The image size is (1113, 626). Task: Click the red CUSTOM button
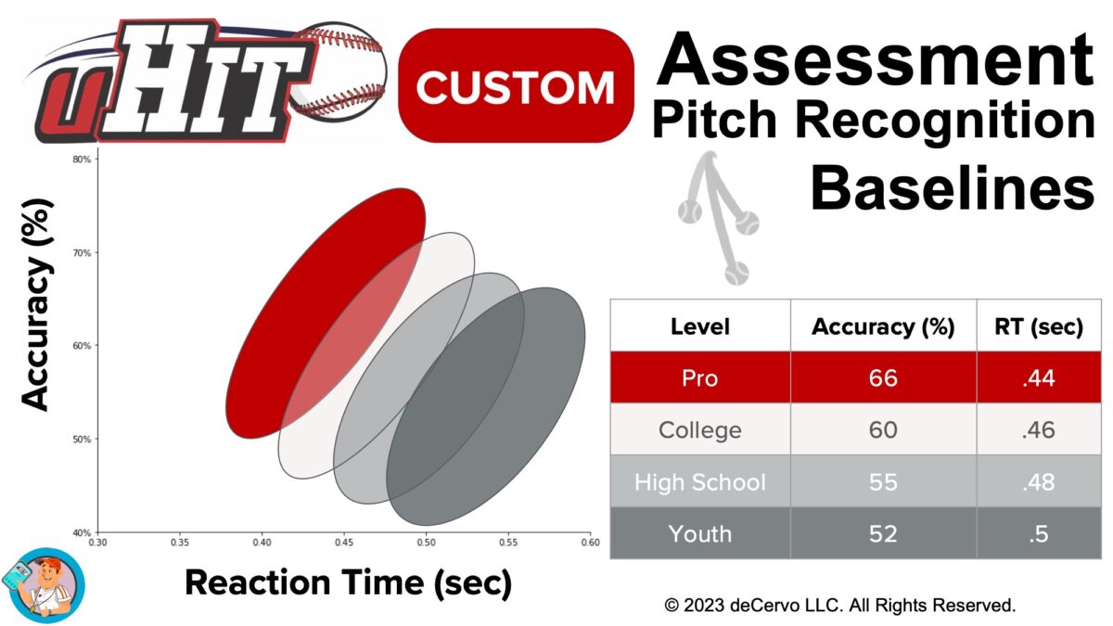click(516, 85)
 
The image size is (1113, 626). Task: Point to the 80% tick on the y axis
click(82, 159)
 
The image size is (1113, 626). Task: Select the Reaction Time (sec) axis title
click(348, 583)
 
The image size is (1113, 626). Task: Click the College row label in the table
click(699, 430)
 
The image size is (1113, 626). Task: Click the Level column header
click(699, 326)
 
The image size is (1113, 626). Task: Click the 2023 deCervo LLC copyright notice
click(839, 606)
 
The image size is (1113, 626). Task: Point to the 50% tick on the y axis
click(82, 439)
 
